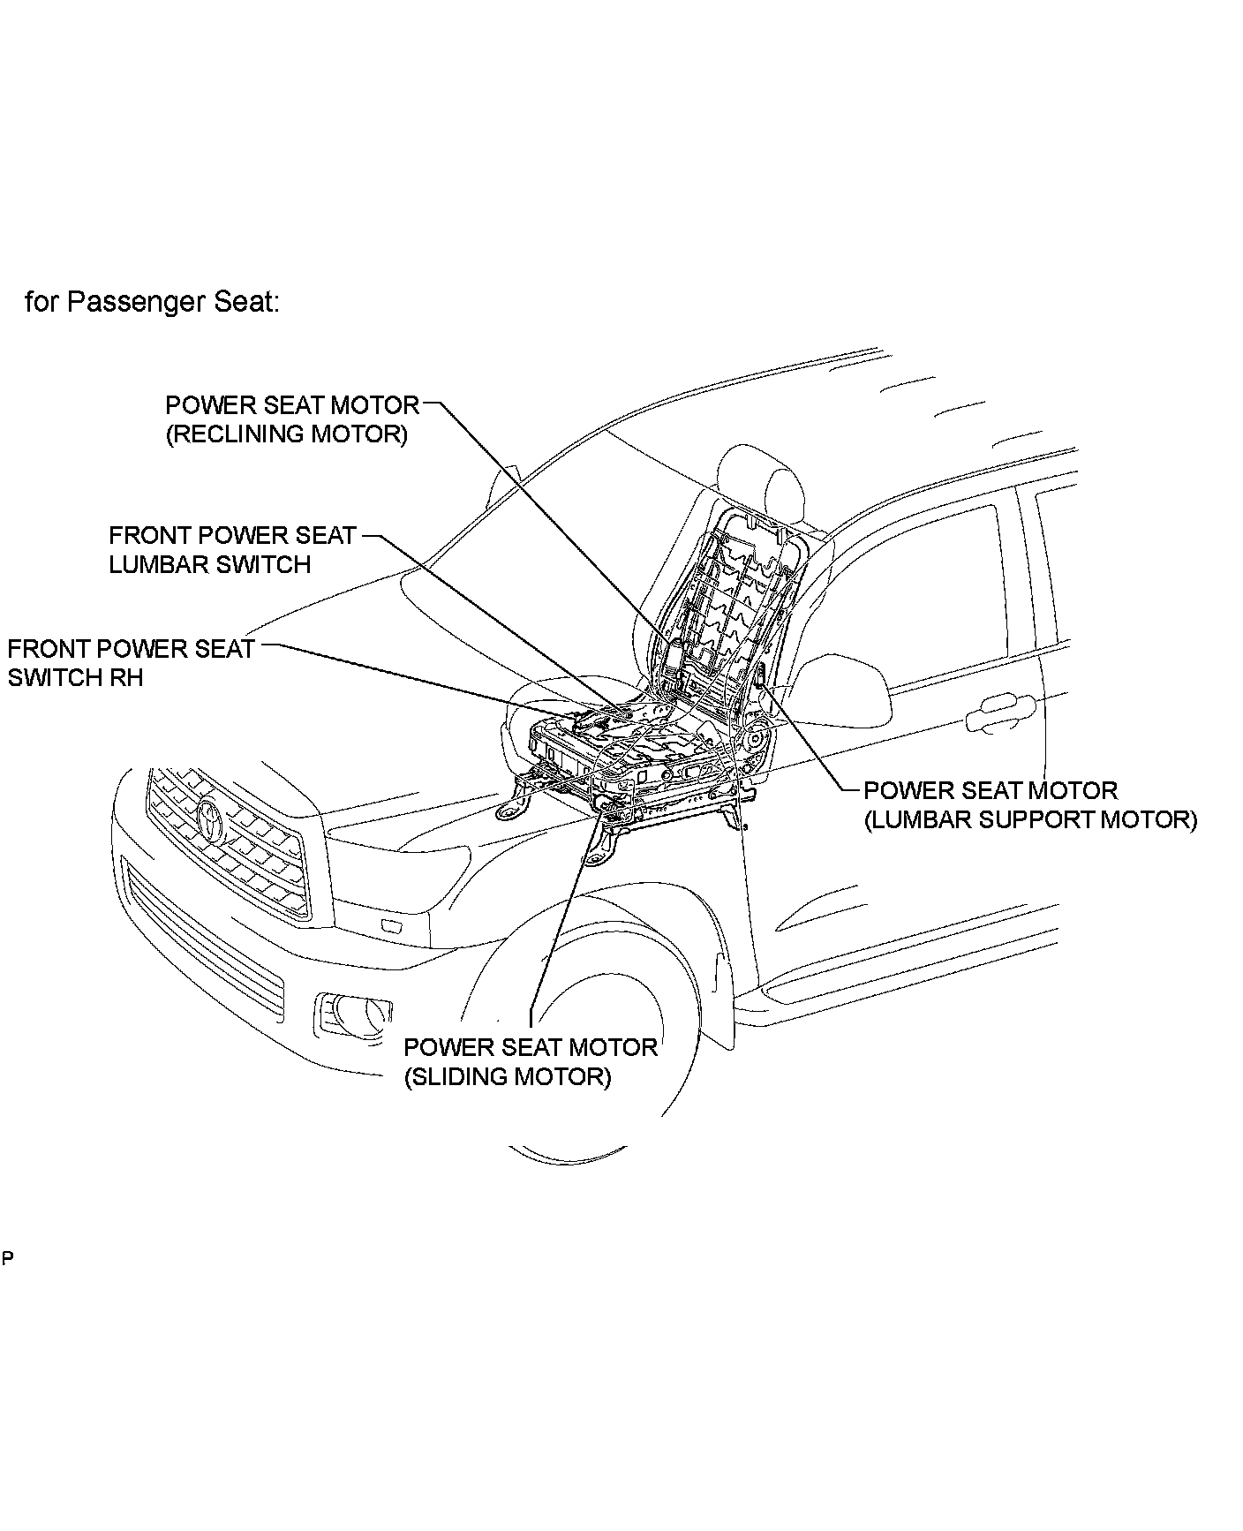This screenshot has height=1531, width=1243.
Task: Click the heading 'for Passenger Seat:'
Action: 152,302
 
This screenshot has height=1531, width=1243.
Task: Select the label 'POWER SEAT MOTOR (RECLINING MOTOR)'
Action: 291,419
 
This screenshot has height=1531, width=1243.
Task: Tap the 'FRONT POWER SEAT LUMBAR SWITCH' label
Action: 231,549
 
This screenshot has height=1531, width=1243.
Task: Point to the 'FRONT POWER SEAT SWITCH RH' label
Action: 131,663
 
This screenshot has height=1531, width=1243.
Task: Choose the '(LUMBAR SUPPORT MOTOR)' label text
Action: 1030,819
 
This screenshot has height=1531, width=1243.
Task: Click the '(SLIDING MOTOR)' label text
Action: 507,1077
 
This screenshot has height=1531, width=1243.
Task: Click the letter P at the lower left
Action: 7,1257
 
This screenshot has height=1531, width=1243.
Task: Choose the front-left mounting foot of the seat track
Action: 513,809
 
